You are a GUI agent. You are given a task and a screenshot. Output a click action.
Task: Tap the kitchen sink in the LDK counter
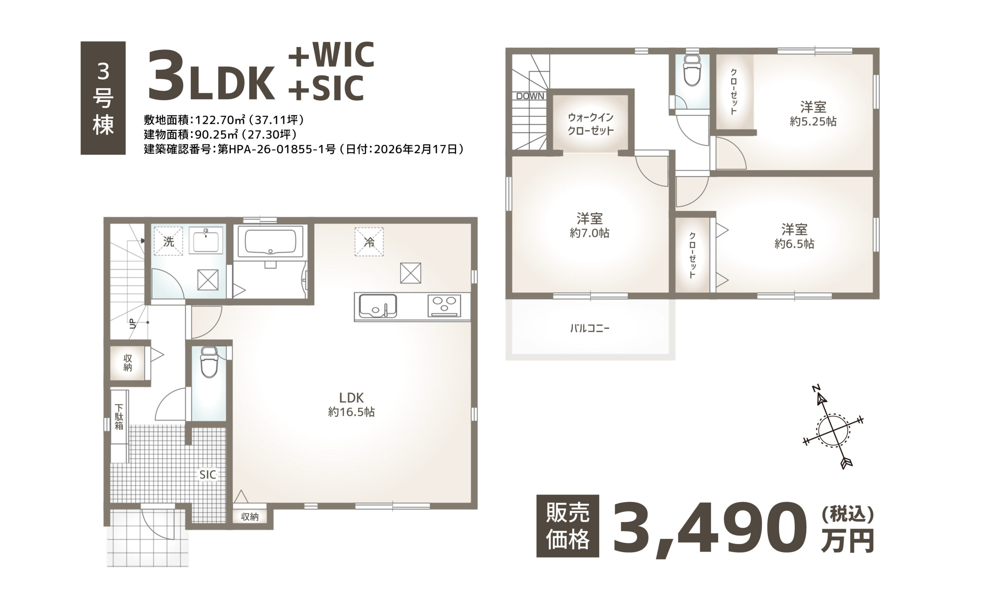coord(377,306)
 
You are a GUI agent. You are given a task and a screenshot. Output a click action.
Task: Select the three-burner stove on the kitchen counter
coord(444,306)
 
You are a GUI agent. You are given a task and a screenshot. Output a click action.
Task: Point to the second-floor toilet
coord(692,71)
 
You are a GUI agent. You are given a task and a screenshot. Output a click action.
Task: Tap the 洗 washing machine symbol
coord(169,241)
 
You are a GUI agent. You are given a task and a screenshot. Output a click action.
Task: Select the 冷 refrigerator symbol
coord(369,242)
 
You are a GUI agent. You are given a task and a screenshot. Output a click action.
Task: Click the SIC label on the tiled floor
coord(208,475)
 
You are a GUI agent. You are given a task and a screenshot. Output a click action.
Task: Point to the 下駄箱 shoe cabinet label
coord(119,416)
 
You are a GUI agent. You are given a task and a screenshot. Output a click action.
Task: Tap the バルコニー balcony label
coord(590,329)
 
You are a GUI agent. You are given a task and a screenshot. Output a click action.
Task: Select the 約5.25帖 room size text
coord(813,121)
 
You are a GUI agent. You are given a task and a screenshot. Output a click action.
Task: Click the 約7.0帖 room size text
coord(589,233)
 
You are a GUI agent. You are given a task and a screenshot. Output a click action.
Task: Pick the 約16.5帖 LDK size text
coord(351,412)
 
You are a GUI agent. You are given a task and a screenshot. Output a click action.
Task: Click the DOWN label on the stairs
coord(530,96)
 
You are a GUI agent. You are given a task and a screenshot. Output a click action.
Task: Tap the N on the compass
coord(816,388)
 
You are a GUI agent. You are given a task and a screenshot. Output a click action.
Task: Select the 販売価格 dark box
coord(568,526)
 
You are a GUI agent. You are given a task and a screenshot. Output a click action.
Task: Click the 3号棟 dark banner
coord(103,98)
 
